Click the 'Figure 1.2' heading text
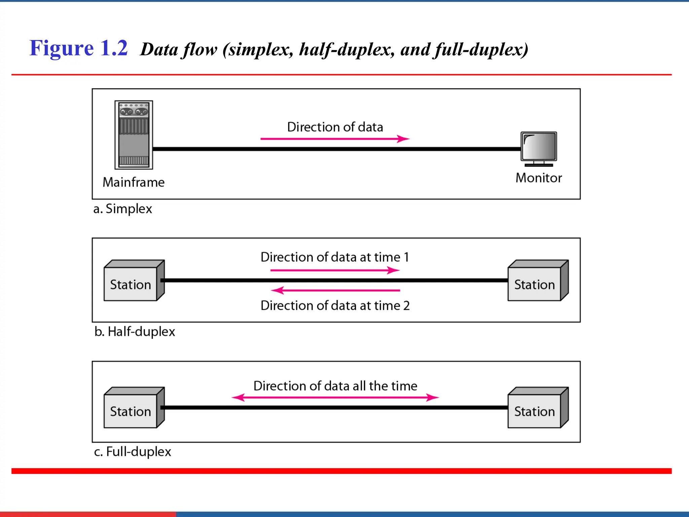tap(78, 48)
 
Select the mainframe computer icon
tap(134, 135)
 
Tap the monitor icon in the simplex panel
tap(539, 148)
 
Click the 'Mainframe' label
tap(134, 182)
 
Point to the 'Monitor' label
tap(539, 178)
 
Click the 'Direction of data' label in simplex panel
tap(335, 127)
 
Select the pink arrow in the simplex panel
tap(335, 139)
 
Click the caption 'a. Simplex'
tap(122, 209)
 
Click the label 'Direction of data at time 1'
tap(335, 257)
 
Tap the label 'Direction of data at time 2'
tap(335, 306)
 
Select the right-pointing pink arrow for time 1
tap(335, 270)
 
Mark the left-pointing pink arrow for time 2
tap(335, 290)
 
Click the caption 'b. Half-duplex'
tap(135, 332)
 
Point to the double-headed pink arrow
tap(335, 398)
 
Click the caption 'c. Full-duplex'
tap(133, 451)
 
